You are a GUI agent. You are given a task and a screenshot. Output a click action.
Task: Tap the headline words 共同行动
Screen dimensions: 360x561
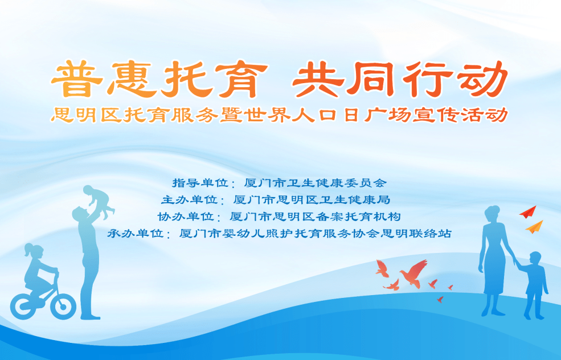point(399,80)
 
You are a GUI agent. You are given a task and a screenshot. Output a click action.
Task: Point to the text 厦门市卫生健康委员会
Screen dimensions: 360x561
point(315,183)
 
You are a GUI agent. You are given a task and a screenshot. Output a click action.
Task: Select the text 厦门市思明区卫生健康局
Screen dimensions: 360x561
point(312,200)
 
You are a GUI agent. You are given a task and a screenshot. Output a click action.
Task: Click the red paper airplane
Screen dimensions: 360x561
point(528,212)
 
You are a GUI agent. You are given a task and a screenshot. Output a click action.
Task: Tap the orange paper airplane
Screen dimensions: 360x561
point(534,227)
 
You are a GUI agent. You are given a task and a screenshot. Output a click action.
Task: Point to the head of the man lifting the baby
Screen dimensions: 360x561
point(80,215)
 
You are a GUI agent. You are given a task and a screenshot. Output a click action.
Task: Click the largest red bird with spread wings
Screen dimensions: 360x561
point(413,274)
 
